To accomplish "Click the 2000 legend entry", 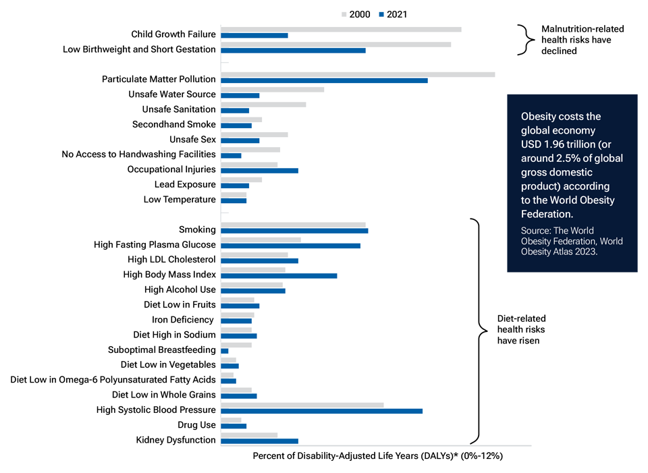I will tap(355, 14).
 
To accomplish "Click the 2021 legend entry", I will tap(391, 14).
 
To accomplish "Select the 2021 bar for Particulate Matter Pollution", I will tap(324, 80).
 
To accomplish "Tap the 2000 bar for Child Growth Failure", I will tap(341, 29).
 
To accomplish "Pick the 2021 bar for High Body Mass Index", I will tap(279, 275).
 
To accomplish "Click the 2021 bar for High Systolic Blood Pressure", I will tap(321, 410).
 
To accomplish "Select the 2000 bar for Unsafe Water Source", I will tap(272, 89).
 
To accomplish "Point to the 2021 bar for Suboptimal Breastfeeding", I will tap(225, 351).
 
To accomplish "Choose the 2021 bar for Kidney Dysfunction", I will tap(259, 441).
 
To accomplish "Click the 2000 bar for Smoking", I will tap(293, 225).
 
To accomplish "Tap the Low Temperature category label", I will tap(180, 200).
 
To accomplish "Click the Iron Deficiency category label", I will tap(182, 320).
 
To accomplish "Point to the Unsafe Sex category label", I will tap(192, 140).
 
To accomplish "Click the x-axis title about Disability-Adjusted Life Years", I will tap(377, 456).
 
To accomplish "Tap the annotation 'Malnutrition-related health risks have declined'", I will tap(582, 40).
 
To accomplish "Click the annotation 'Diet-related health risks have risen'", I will tap(521, 329).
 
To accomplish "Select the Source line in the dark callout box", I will tap(571, 241).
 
